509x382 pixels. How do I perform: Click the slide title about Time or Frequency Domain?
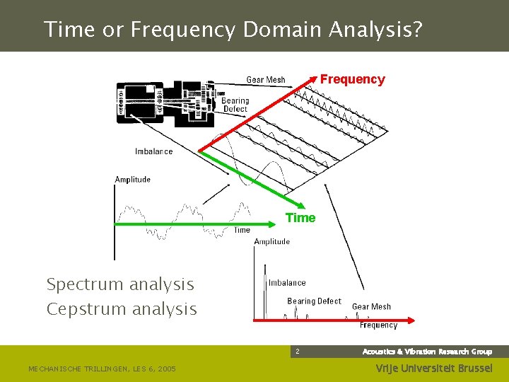(233, 30)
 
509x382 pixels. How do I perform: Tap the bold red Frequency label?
(352, 79)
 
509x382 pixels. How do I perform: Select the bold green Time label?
(300, 218)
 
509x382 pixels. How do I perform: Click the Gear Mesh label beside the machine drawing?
(265, 80)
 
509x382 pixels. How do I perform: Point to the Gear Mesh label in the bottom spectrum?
(371, 307)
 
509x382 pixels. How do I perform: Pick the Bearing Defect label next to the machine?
(235, 105)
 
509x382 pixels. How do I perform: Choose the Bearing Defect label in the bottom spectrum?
(314, 301)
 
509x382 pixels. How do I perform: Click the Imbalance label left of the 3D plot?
(153, 151)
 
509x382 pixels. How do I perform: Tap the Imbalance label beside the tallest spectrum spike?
(287, 283)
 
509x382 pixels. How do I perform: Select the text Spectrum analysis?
(120, 284)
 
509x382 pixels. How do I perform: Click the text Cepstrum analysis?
(122, 309)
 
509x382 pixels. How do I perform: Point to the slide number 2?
(298, 352)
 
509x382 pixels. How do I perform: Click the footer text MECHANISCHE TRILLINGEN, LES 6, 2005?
(102, 369)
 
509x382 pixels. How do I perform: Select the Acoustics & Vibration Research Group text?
(427, 352)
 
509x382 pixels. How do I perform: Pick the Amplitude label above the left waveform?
(133, 180)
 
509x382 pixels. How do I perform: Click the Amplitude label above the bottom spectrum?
(272, 242)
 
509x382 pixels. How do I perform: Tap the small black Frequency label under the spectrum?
(378, 325)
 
